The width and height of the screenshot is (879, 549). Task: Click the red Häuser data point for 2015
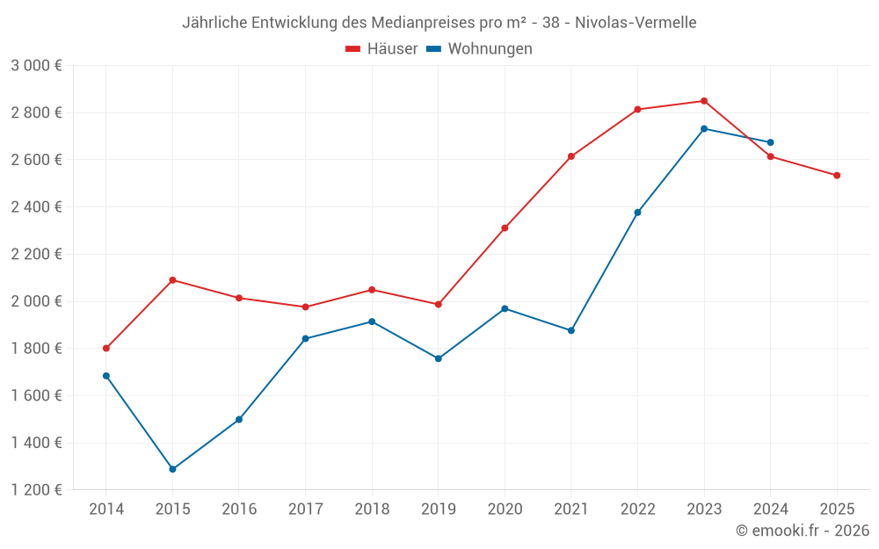coord(172,280)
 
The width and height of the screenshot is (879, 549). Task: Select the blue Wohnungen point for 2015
coord(172,469)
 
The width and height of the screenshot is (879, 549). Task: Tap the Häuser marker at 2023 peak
coord(704,101)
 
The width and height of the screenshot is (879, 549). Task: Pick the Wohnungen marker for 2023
coord(704,129)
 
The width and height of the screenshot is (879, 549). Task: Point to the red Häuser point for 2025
coord(837,176)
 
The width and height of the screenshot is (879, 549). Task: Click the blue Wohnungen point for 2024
coord(770,142)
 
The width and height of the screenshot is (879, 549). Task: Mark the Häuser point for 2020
coord(505,228)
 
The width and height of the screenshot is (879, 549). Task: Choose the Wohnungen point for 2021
coord(571,330)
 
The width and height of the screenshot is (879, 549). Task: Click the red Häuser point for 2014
coord(106,349)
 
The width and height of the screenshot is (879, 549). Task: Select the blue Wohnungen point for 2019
coord(438,358)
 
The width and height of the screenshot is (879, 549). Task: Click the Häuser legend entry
coord(381,49)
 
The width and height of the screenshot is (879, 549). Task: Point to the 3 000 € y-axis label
coord(36,66)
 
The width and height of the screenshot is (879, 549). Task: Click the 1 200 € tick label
coord(36,490)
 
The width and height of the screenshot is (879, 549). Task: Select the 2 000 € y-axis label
coord(36,301)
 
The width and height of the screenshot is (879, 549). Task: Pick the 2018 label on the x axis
coord(372,509)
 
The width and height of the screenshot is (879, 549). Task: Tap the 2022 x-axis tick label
coord(637,509)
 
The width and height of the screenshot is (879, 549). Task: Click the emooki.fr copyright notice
coord(802,531)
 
